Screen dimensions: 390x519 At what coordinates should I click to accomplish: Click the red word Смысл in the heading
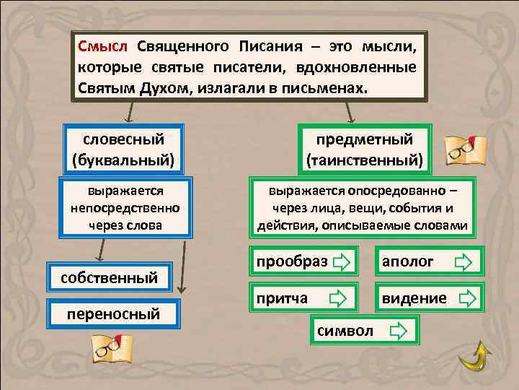tap(102, 47)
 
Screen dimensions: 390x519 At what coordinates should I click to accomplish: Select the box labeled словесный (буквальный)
tap(123, 148)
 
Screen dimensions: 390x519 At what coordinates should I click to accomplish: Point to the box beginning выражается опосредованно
tap(363, 208)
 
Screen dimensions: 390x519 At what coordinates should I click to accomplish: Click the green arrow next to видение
tap(467, 298)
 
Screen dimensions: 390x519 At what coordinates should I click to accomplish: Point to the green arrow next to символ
tap(398, 331)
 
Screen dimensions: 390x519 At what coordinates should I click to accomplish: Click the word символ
tap(345, 331)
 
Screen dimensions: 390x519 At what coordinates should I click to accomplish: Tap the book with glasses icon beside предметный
tap(466, 149)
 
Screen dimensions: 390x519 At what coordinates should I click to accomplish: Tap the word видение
tap(414, 298)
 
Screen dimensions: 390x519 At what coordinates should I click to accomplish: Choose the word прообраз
tap(292, 261)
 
